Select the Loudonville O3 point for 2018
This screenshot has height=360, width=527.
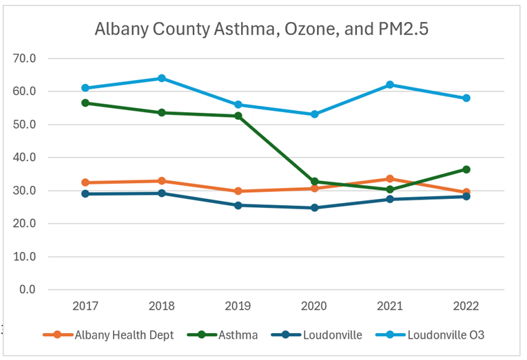click(161, 78)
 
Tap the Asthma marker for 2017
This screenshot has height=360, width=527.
click(85, 103)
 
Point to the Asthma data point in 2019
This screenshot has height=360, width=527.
click(238, 116)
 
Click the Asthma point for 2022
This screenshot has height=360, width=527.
click(466, 169)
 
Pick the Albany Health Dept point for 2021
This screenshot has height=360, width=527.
click(390, 179)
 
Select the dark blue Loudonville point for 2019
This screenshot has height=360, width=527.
click(238, 205)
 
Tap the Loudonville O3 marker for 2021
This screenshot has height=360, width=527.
click(390, 85)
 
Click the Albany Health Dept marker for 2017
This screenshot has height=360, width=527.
click(85, 182)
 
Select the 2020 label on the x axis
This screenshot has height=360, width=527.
click(314, 306)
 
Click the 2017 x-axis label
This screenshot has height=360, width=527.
click(85, 306)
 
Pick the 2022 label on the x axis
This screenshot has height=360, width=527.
click(466, 306)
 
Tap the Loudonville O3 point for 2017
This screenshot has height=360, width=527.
click(85, 88)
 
